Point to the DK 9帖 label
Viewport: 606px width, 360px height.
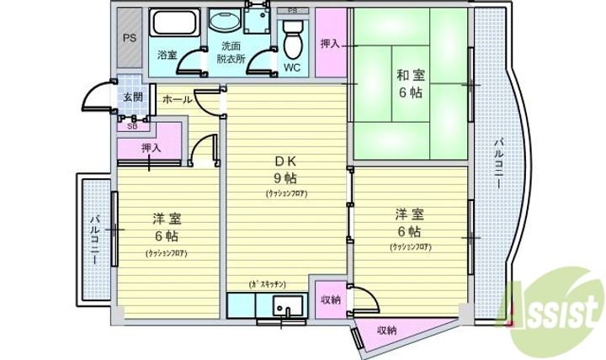(x=284, y=169)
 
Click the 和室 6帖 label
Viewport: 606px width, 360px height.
(x=411, y=84)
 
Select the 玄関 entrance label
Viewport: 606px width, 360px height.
(x=133, y=98)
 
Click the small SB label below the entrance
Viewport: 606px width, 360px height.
(x=132, y=126)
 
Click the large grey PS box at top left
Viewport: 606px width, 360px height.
(x=130, y=39)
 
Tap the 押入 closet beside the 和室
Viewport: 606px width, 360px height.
(x=330, y=44)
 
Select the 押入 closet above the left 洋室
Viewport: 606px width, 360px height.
(x=151, y=147)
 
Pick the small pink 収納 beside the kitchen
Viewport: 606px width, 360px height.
(x=330, y=300)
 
